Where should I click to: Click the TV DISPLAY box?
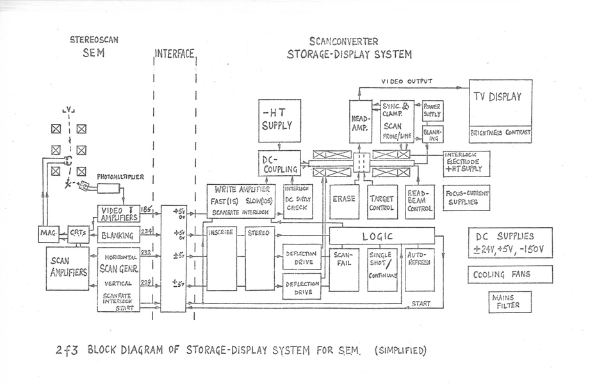pyautogui.click(x=501, y=103)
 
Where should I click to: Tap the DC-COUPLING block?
pyautogui.click(x=279, y=164)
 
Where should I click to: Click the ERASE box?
pyautogui.click(x=344, y=201)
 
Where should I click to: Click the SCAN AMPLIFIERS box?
pyautogui.click(x=67, y=268)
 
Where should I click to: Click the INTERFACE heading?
pyautogui.click(x=174, y=54)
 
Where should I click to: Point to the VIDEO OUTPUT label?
pyautogui.click(x=407, y=81)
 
